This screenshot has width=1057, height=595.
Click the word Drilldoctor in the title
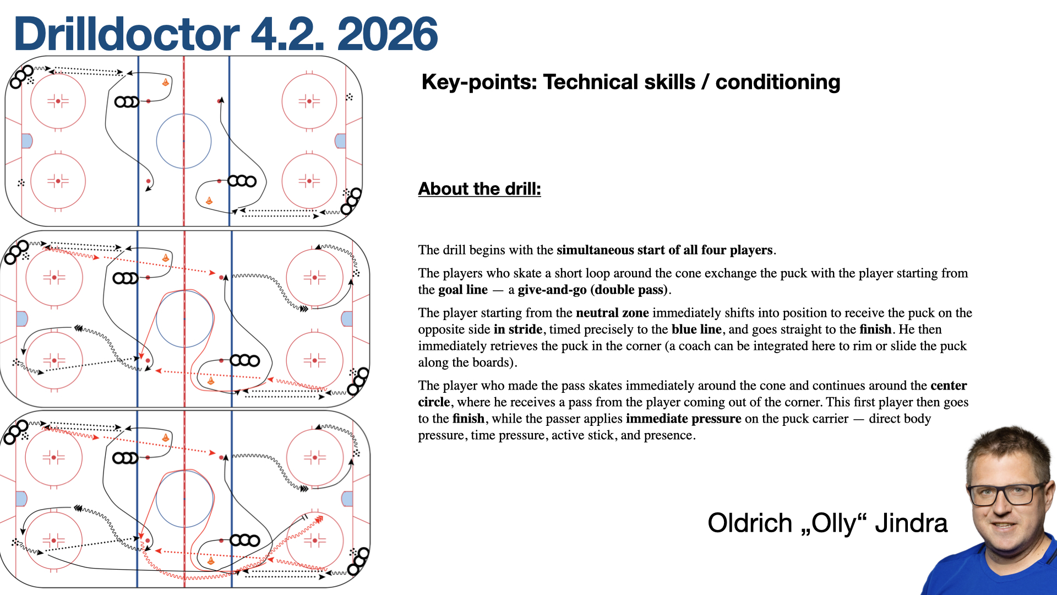127,34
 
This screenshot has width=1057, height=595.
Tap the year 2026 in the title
387,34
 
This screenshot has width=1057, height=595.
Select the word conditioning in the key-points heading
777,82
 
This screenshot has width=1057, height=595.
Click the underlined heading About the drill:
480,189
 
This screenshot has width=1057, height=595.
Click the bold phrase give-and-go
552,290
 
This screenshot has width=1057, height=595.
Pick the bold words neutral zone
612,313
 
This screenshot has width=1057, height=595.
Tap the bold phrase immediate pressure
683,419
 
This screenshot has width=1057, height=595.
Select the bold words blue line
696,329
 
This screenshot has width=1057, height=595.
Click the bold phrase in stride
518,329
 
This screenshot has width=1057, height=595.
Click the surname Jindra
911,523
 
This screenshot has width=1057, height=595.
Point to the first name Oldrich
750,523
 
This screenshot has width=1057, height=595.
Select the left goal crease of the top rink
26,141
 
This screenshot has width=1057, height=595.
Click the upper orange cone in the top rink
165,82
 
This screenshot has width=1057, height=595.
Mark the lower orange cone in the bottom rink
210,561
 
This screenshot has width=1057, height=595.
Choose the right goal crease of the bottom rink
347,499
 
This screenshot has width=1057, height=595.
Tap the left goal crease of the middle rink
22,319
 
